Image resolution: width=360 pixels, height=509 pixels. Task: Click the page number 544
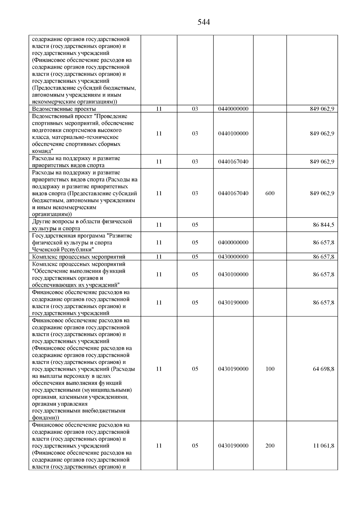(204, 22)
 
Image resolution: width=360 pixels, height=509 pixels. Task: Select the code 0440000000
(233, 109)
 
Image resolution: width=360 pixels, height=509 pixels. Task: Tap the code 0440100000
(233, 133)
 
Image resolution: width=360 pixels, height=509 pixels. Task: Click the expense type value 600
(270, 193)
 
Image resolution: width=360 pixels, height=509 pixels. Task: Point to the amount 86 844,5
(323, 225)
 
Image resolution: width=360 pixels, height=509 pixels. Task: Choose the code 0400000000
(233, 242)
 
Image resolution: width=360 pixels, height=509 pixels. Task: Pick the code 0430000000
(233, 257)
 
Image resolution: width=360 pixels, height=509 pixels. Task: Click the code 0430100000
(233, 274)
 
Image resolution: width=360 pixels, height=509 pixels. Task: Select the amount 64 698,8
(323, 369)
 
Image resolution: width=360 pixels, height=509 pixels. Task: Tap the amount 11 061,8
(324, 446)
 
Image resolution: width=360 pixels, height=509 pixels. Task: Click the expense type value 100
(270, 369)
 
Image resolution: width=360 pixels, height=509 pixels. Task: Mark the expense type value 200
(270, 446)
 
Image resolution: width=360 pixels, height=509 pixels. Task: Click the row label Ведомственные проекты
(64, 109)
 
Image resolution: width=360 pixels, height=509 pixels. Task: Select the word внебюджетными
(106, 411)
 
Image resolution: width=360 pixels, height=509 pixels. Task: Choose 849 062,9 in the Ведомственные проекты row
(322, 109)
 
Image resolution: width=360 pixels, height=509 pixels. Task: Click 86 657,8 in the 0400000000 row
(323, 242)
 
